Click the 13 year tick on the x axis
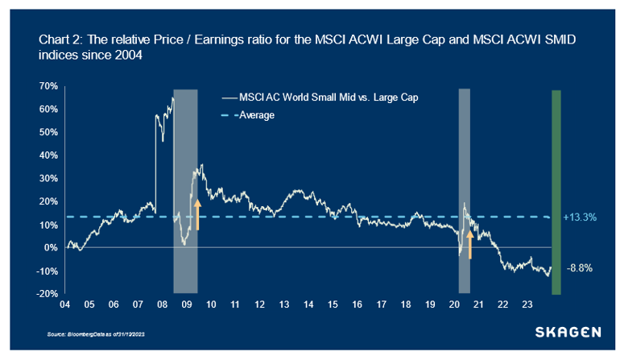tap(283, 306)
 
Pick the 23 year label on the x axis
tap(527, 306)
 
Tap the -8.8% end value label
tap(580, 268)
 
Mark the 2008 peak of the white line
tap(172, 98)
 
